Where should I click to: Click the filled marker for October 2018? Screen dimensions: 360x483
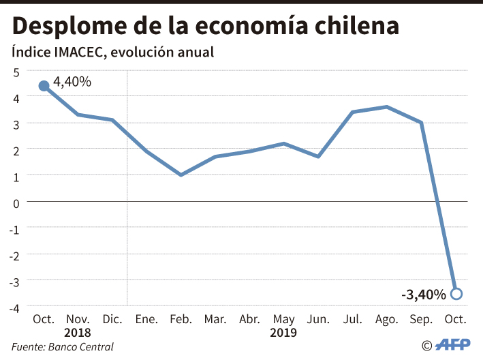pos(44,86)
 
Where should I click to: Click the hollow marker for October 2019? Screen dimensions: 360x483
pos(456,294)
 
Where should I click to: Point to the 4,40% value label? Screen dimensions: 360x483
pos(72,82)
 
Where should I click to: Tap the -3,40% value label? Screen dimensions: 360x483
pos(424,295)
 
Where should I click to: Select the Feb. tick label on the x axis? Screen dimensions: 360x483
pos(181,319)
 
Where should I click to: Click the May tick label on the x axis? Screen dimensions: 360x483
pos(283,319)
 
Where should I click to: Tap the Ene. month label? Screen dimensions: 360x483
pos(146,319)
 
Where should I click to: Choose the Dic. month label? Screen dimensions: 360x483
pos(112,319)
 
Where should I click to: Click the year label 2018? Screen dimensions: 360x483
pos(78,333)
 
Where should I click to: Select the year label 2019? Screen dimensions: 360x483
pos(283,333)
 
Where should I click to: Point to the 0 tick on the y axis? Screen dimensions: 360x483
pos(15,201)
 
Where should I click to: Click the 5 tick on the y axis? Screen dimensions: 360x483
pos(15,71)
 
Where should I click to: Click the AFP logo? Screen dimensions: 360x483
pos(452,345)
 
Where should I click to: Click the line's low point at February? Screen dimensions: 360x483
pos(181,175)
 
